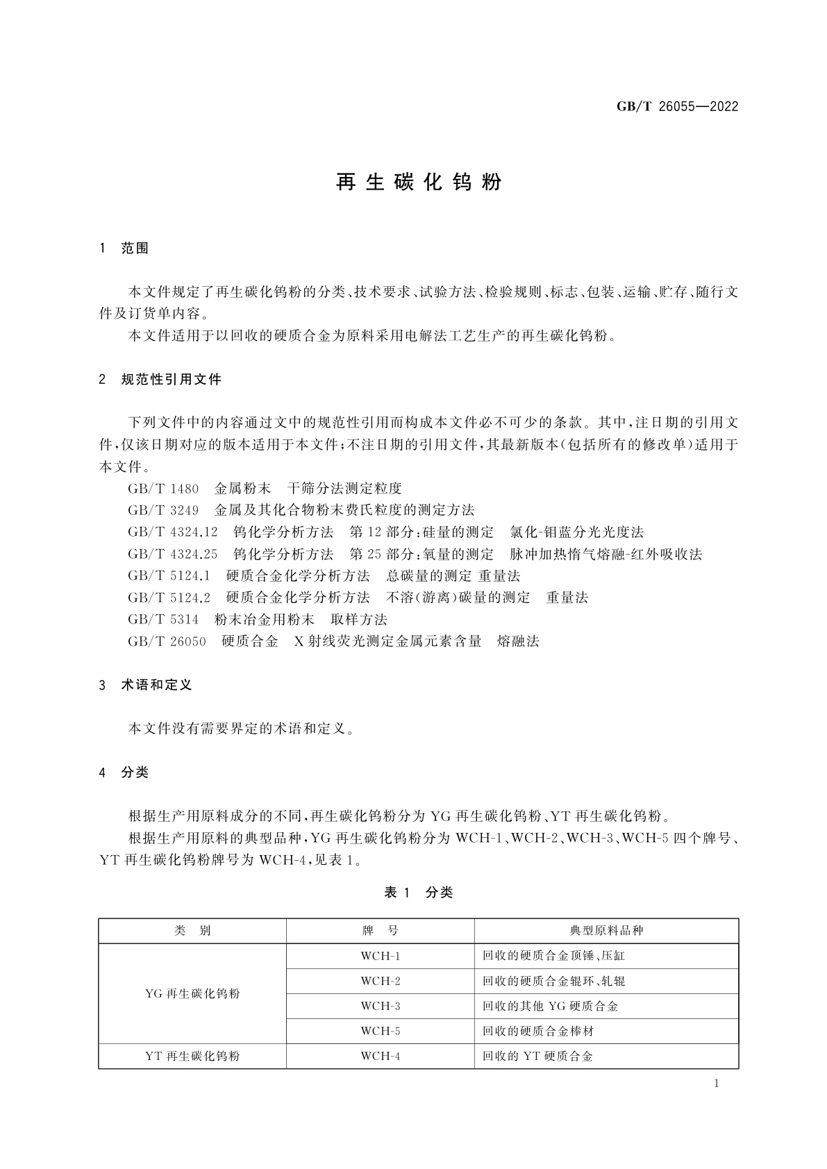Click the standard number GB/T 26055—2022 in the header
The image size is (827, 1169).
coord(677,107)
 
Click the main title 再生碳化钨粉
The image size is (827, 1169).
coord(419,183)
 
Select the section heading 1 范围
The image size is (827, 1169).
coord(125,249)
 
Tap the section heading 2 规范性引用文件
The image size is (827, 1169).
coord(161,380)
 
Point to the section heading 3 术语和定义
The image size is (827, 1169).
coord(147,685)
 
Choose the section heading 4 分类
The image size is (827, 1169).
coord(125,773)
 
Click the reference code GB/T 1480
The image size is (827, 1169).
coord(163,489)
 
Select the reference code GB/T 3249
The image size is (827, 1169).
coord(163,510)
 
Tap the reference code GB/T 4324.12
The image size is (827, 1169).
coord(173,532)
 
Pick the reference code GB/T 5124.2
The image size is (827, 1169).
coord(169,598)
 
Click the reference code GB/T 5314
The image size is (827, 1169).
coord(163,619)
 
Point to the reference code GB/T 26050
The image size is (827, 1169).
coord(167,641)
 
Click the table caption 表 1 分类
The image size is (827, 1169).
coord(418,893)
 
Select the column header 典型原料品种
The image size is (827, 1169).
coord(606,931)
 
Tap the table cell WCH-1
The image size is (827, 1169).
coord(381,956)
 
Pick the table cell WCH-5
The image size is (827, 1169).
coord(381,1032)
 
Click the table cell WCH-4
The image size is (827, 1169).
coord(381,1057)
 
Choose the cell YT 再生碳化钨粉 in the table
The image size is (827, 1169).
coord(192,1057)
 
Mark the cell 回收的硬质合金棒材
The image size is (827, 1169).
coord(538,1032)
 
